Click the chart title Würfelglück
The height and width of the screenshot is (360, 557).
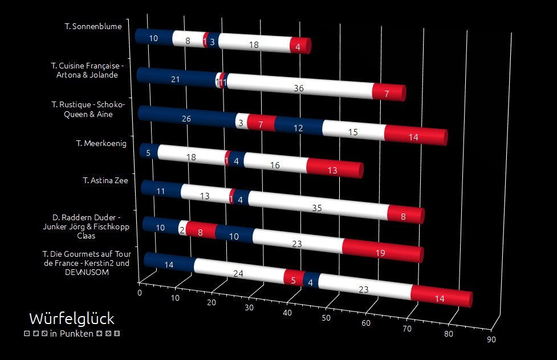pyautogui.click(x=71, y=318)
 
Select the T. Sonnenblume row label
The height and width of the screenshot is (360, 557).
pyautogui.click(x=97, y=26)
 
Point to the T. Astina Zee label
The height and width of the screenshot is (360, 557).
pyautogui.click(x=105, y=180)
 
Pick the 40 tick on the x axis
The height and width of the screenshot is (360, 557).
pyautogui.click(x=287, y=313)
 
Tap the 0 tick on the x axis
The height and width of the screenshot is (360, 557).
pyautogui.click(x=140, y=293)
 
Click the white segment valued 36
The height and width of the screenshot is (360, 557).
pyautogui.click(x=299, y=88)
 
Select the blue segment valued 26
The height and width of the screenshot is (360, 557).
pyautogui.click(x=186, y=119)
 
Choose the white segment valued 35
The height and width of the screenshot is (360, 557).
pyautogui.click(x=317, y=208)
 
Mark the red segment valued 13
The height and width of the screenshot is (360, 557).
pyautogui.click(x=334, y=169)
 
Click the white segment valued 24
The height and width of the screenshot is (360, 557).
pyautogui.click(x=238, y=273)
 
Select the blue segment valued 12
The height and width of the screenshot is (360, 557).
pyautogui.click(x=298, y=128)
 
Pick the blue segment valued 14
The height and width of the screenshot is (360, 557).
pyautogui.click(x=168, y=264)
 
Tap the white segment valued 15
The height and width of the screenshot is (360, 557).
pyautogui.click(x=353, y=132)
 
